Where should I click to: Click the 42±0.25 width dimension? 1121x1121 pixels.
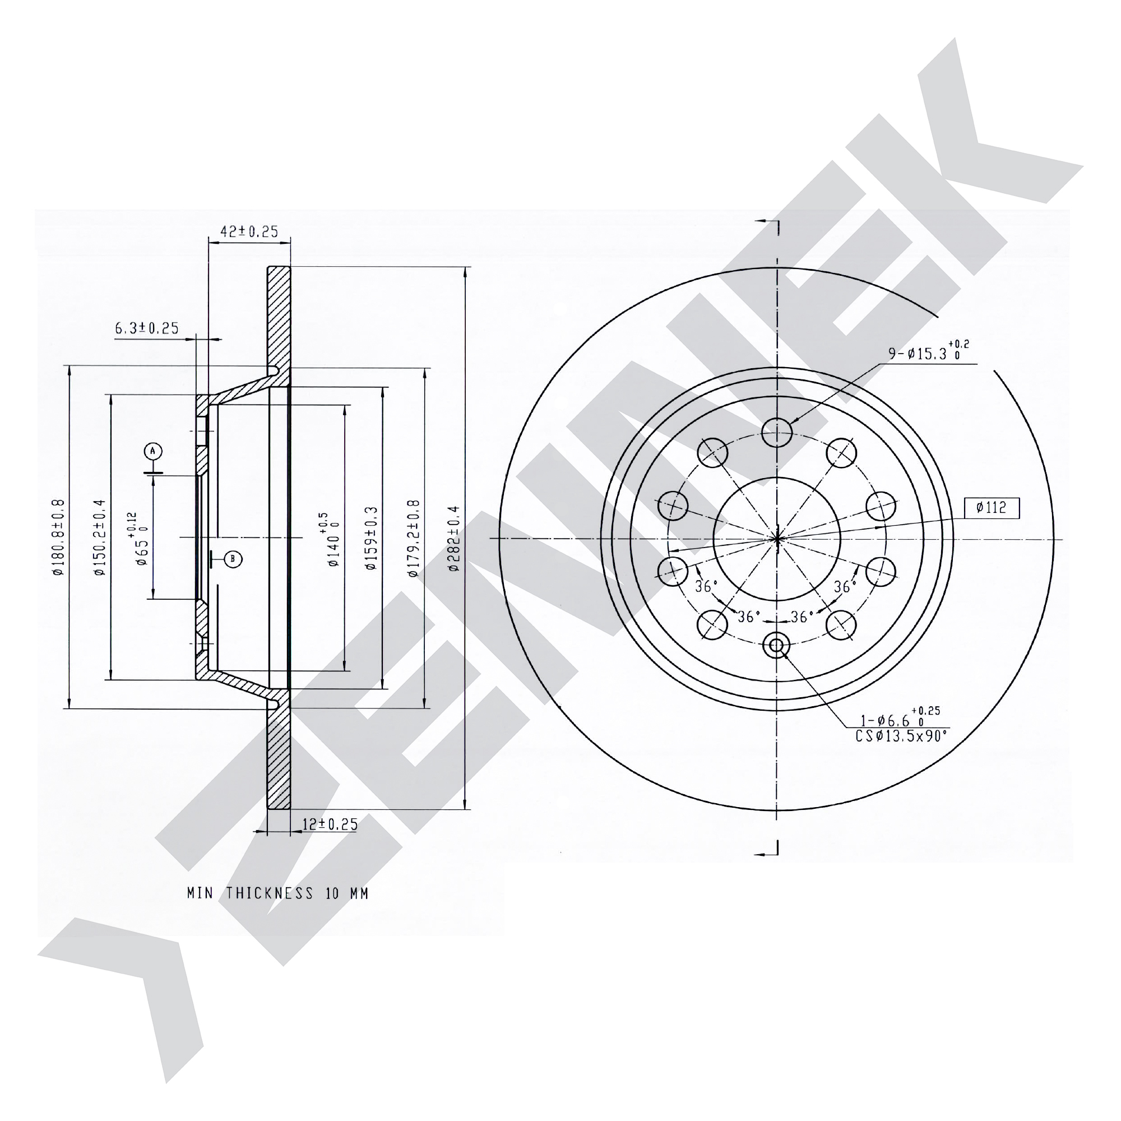coord(249,231)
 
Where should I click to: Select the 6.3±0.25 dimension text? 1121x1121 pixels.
coord(147,328)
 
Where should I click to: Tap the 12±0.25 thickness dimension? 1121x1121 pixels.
coord(330,824)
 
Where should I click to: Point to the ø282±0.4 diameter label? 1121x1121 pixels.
coord(454,539)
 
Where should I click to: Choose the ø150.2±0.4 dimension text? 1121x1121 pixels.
coord(100,538)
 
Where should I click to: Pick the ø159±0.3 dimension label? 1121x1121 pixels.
coord(372,538)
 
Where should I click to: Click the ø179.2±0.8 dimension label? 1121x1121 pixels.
coord(413,538)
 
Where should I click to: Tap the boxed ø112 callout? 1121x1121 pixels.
coord(992,508)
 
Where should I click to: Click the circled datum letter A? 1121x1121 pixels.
coord(153,451)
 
